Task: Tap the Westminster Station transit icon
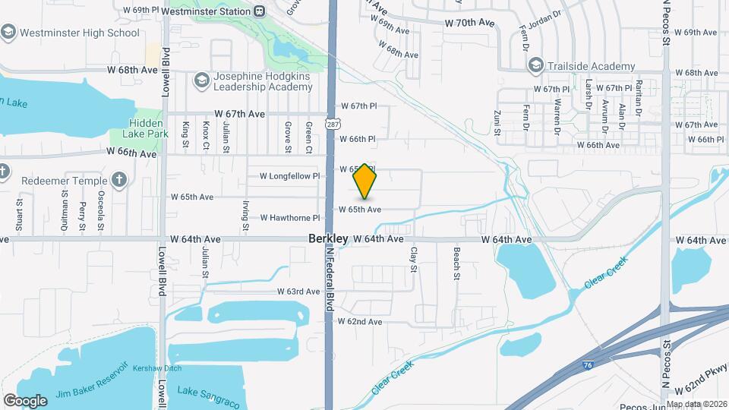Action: (x=260, y=11)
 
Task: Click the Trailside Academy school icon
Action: (x=535, y=65)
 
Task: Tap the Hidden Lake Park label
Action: (x=137, y=128)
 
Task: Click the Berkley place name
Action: (x=328, y=238)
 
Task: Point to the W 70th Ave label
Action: (x=470, y=24)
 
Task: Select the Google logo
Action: (x=26, y=400)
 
